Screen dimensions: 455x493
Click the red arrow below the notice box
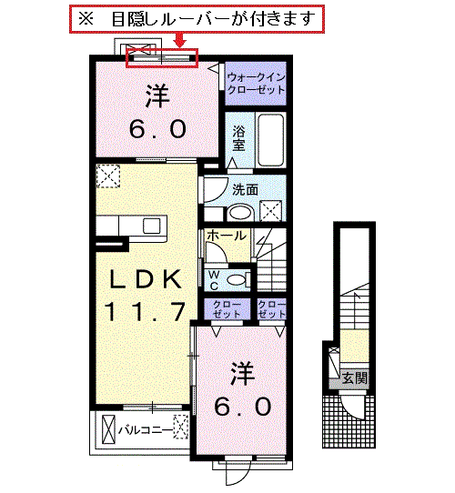coord(180,40)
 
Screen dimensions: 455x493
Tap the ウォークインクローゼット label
coord(256,84)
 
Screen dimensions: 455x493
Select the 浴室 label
coord(239,138)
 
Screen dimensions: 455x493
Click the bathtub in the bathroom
coord(271,140)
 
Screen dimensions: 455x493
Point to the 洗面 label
coord(245,190)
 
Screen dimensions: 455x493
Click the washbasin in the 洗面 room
coord(241,213)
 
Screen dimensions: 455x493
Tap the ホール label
coord(227,236)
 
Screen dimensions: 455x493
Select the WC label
coord(214,280)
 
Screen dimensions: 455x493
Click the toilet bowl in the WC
coord(237,279)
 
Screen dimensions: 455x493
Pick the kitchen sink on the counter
coord(152,226)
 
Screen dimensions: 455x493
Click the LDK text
coord(146,279)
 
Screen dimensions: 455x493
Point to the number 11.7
coord(146,311)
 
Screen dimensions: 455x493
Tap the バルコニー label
coord(146,430)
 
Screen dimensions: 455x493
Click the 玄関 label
coord(355,377)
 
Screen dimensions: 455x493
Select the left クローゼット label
coord(227,309)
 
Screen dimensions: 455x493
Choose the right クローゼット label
coord(271,309)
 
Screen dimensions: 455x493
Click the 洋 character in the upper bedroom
coord(157,96)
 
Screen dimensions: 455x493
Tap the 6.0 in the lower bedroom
coord(243,406)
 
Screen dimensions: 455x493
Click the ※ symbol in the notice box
coord(86,19)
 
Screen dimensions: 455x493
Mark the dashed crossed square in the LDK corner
coord(108,176)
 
